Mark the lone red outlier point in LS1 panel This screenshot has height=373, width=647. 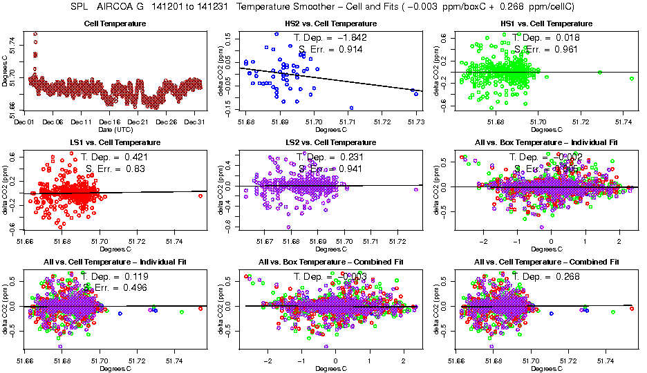point(200,196)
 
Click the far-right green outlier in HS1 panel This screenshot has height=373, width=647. point(632,79)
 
